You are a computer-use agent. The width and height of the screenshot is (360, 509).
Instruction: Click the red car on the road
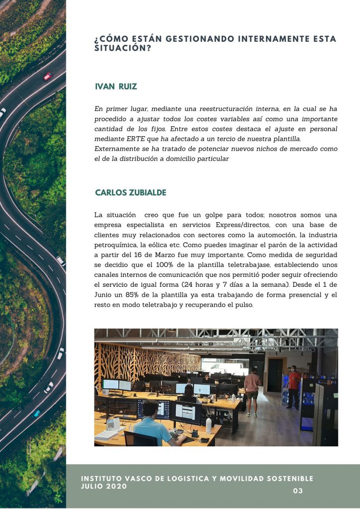pyautogui.click(x=48, y=76)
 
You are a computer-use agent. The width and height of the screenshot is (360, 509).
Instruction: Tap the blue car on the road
pyautogui.click(x=36, y=413)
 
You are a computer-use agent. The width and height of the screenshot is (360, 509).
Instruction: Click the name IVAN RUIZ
pyautogui.click(x=116, y=87)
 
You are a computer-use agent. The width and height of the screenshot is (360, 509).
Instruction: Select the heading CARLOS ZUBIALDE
pyautogui.click(x=130, y=192)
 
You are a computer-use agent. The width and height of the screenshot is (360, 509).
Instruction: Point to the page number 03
pyautogui.click(x=298, y=491)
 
